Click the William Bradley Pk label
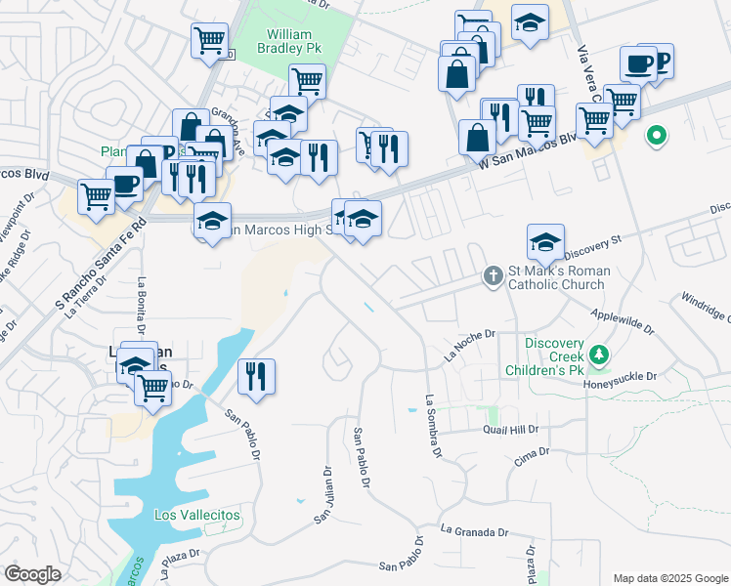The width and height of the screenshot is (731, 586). (x=290, y=41)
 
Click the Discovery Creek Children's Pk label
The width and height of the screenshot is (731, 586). (x=553, y=356)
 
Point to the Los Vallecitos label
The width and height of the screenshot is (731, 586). (x=197, y=515)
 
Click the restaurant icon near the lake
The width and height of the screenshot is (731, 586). (x=256, y=376)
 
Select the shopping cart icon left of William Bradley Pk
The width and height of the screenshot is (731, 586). (x=210, y=42)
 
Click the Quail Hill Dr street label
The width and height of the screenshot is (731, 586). (x=510, y=430)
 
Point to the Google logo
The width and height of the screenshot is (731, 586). (x=32, y=574)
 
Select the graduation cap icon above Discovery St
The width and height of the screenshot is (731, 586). (x=545, y=240)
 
